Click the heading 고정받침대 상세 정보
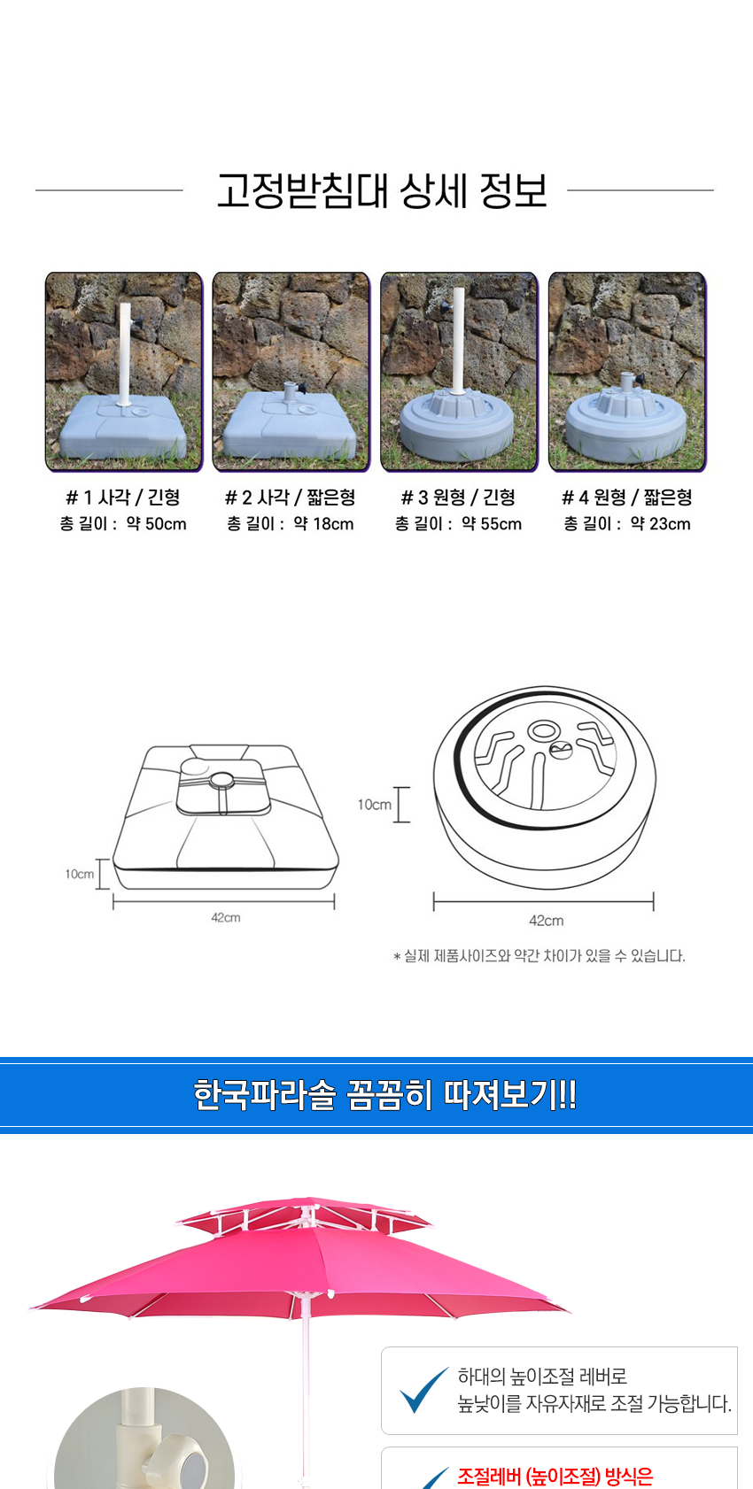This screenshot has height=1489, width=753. [382, 190]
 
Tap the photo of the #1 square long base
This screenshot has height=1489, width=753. [124, 372]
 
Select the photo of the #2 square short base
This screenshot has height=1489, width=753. [291, 372]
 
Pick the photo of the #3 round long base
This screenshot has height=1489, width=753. [459, 372]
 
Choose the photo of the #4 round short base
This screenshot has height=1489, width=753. [627, 372]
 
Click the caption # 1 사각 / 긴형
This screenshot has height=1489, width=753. [123, 498]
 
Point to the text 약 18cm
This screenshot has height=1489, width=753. [324, 524]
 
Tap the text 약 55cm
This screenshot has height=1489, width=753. [493, 524]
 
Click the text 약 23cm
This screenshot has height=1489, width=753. [661, 524]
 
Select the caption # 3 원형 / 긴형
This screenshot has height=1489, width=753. [458, 498]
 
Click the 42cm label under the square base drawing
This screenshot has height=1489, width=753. [226, 918]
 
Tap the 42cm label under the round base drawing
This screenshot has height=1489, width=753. [546, 921]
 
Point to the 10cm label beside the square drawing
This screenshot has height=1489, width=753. [79, 874]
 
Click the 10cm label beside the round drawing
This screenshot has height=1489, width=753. [375, 805]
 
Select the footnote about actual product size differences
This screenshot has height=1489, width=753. [540, 957]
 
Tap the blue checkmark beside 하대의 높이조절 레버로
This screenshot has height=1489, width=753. [423, 1390]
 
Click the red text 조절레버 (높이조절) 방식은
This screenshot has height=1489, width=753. [555, 1477]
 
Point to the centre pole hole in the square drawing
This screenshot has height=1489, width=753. [221, 779]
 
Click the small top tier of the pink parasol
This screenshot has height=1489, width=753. [305, 1215]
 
